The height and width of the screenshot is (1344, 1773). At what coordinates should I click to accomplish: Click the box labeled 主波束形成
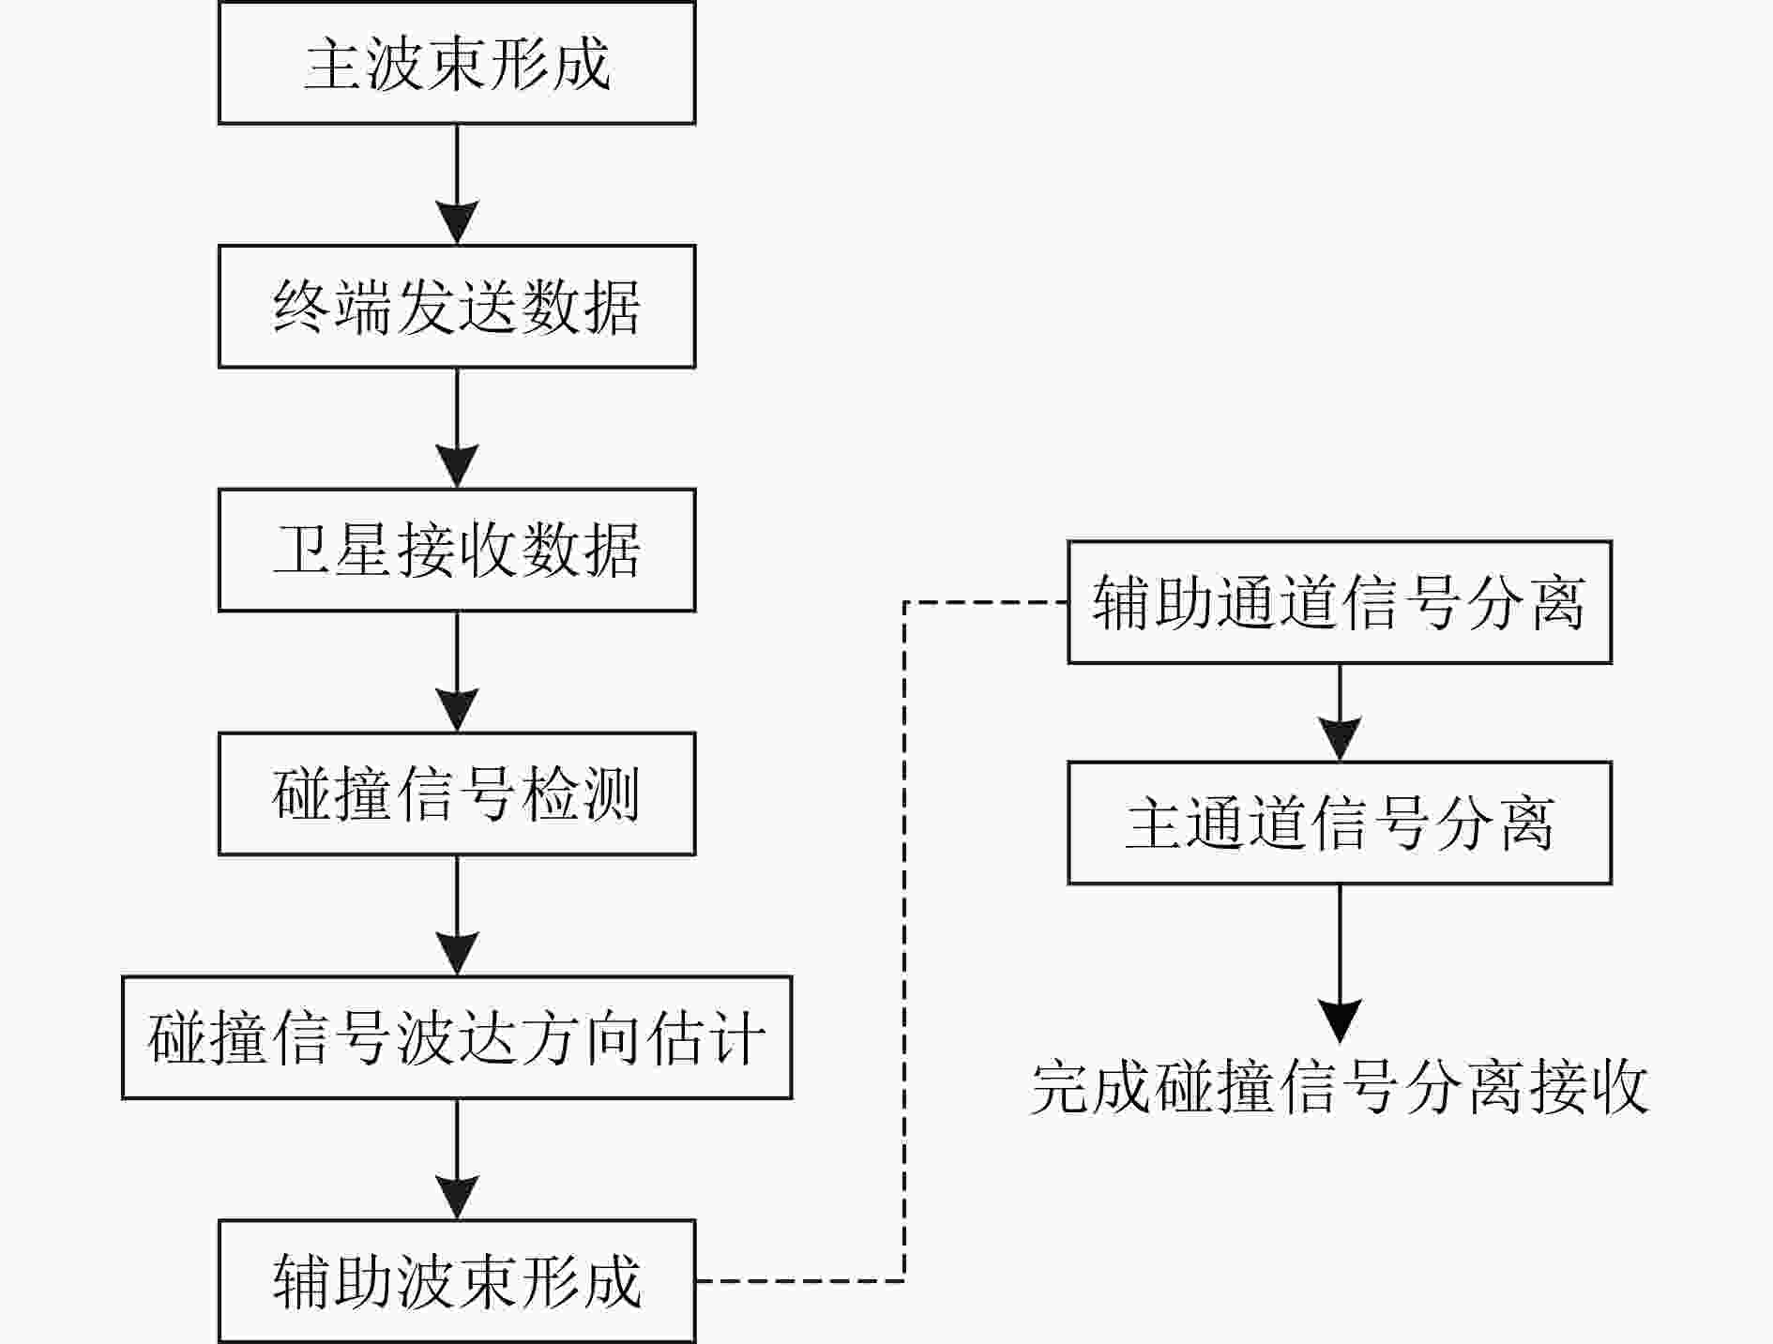click(x=457, y=63)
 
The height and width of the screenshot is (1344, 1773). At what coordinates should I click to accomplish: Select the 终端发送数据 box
click(x=457, y=307)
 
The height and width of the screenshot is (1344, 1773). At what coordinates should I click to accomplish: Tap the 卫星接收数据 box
click(x=457, y=551)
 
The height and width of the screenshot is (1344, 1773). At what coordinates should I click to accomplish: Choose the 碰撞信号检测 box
click(x=457, y=794)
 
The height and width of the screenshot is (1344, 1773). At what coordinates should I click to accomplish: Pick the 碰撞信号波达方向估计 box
click(x=457, y=1038)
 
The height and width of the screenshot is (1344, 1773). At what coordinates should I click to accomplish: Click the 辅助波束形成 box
click(x=457, y=1281)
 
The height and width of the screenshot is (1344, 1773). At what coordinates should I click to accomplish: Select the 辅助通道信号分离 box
click(x=1340, y=602)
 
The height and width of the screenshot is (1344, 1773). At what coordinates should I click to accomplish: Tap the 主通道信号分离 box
click(x=1340, y=823)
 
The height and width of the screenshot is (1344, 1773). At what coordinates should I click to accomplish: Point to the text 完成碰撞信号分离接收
click(x=1340, y=1088)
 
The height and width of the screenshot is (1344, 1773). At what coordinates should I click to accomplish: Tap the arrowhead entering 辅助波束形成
click(x=457, y=1198)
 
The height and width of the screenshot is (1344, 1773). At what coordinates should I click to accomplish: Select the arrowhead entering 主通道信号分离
click(x=1340, y=739)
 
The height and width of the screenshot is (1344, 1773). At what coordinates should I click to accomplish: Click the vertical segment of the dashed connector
click(x=903, y=942)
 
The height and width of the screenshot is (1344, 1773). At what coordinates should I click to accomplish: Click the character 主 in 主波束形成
click(x=333, y=64)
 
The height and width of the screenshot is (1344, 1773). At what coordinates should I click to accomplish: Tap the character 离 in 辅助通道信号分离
click(x=1556, y=603)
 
